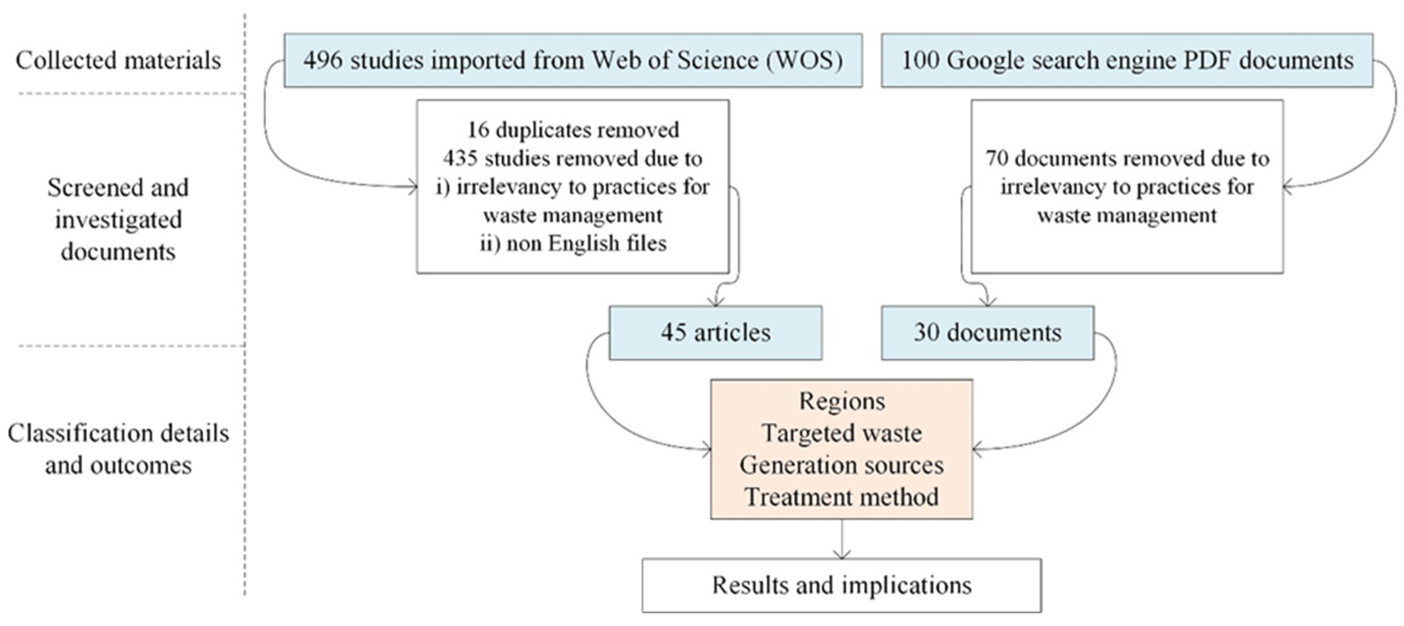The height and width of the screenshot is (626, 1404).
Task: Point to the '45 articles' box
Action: click(x=715, y=332)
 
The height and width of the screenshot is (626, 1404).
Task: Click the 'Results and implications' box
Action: click(x=842, y=585)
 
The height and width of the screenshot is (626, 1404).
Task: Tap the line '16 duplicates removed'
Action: click(x=573, y=129)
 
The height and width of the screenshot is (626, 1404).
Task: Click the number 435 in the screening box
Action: click(x=460, y=158)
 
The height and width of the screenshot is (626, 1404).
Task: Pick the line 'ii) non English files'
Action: click(x=573, y=243)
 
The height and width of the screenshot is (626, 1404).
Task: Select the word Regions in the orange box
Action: click(x=842, y=401)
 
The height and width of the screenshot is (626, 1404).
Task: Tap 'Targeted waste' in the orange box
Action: click(x=842, y=433)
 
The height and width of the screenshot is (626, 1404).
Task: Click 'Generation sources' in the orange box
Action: click(x=842, y=465)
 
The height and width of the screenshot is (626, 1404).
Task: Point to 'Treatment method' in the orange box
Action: click(x=842, y=497)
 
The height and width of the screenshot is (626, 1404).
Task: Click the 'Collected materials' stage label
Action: click(x=118, y=60)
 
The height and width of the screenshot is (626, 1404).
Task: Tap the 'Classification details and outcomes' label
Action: click(x=118, y=449)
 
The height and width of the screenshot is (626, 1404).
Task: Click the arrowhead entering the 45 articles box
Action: click(x=715, y=301)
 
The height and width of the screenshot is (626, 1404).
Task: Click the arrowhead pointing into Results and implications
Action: click(x=842, y=554)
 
